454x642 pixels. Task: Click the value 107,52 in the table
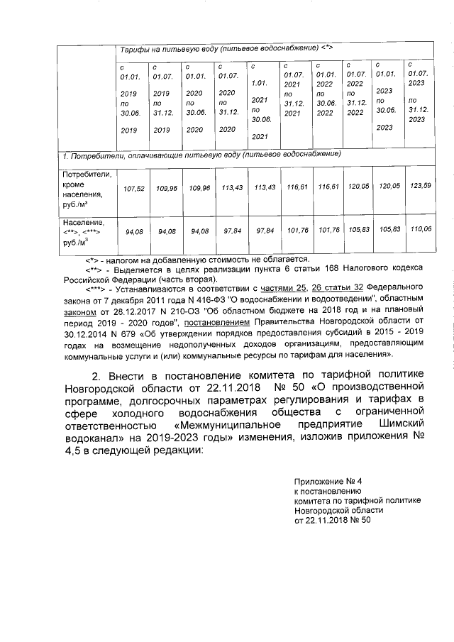point(134,189)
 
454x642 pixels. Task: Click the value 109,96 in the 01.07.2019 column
point(164,189)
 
